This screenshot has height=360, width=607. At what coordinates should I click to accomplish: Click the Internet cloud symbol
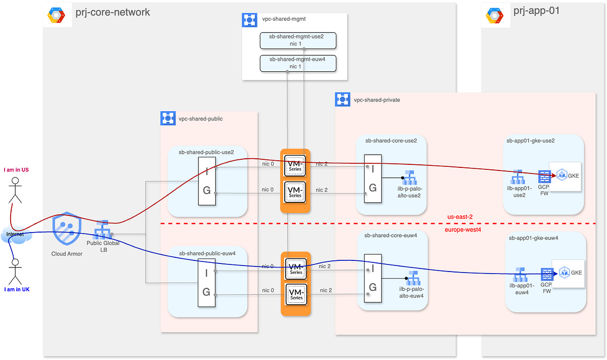pos(14,235)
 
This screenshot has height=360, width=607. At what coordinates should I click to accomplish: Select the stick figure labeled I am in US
pos(16,190)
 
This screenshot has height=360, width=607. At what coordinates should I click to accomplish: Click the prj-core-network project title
pos(112,12)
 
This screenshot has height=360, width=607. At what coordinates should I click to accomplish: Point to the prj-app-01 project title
pos(536,11)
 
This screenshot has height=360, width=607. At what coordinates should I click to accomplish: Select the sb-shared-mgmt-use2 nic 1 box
pos(298,40)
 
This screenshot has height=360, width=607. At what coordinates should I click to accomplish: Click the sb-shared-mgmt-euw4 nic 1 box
pos(298,63)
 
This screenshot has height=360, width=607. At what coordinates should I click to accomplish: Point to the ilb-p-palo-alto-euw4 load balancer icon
pos(409,279)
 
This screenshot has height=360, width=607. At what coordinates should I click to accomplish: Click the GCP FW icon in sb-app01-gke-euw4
pos(547,274)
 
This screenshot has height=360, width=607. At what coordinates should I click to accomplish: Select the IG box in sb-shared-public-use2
pos(206,181)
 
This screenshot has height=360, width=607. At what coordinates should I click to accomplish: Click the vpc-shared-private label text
pos(377,100)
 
